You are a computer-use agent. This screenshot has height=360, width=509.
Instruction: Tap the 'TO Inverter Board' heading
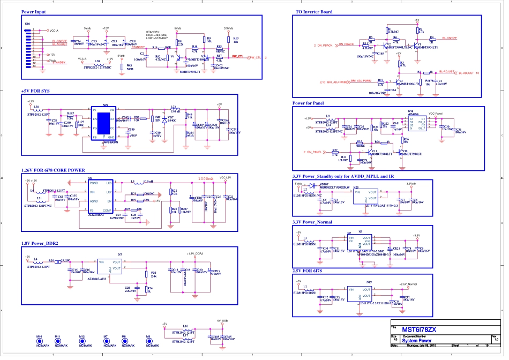pyautogui.click(x=314, y=12)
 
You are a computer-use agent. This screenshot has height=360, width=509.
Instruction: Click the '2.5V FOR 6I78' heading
pyautogui.click(x=309, y=271)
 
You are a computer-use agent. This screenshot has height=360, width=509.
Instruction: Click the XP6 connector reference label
pyautogui.click(x=27, y=24)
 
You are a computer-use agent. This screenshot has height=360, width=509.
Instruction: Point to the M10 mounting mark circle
pyautogui.click(x=39, y=341)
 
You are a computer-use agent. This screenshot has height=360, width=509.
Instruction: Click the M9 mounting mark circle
pyautogui.click(x=148, y=341)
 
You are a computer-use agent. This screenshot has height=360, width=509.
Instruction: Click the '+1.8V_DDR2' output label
pyautogui.click(x=194, y=254)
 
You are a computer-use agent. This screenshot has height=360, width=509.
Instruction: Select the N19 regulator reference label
pyautogui.click(x=369, y=282)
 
